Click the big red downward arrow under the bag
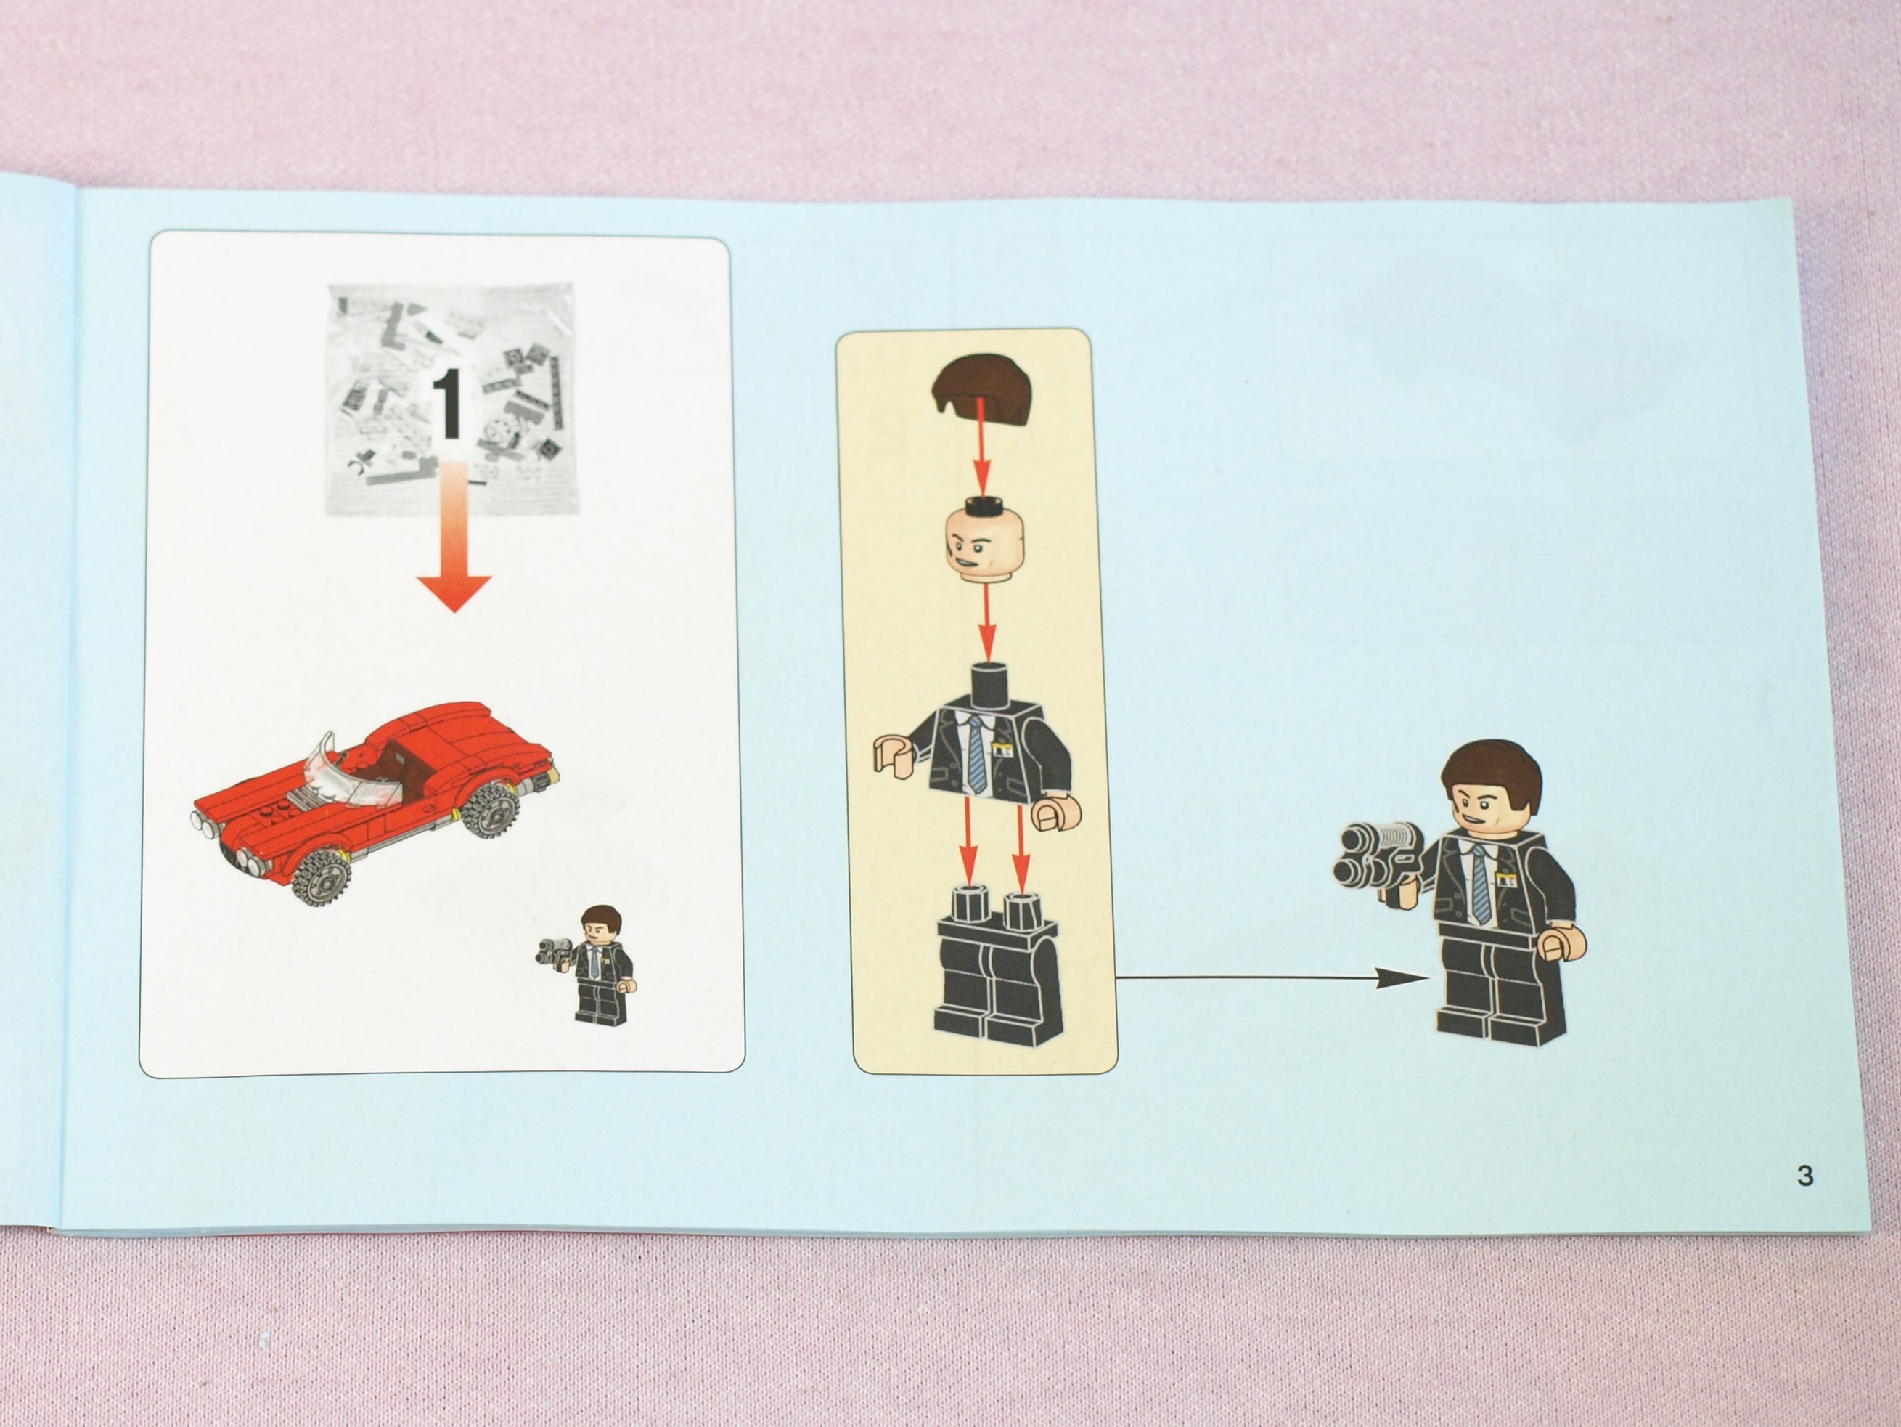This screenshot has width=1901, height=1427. [454, 537]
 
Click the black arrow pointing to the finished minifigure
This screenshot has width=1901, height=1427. [1272, 977]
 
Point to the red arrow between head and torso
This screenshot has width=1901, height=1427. [986, 625]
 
